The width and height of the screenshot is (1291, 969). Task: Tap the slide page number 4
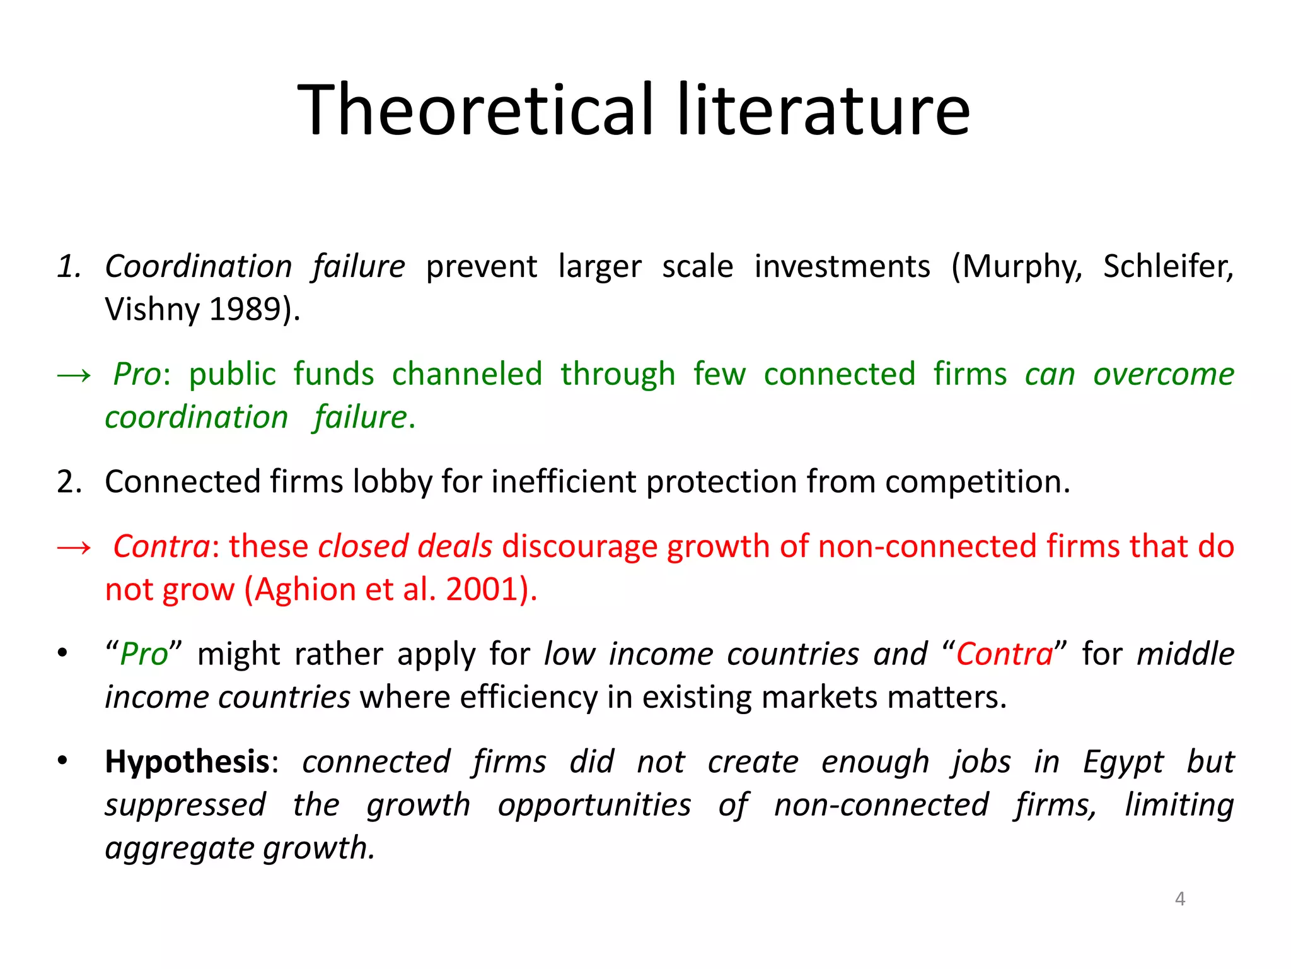(x=1180, y=898)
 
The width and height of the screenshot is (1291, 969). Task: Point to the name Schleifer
(x=1167, y=267)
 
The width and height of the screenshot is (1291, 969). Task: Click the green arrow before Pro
(x=74, y=375)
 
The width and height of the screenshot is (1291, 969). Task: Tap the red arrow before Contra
(x=74, y=547)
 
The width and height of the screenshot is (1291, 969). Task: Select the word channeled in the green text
(x=467, y=374)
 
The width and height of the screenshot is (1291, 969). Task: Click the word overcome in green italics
(x=1164, y=374)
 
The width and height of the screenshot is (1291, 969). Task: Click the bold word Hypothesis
(x=187, y=762)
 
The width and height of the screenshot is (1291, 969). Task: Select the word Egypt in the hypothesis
(x=1123, y=762)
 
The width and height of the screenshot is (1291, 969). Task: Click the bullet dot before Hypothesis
(x=62, y=761)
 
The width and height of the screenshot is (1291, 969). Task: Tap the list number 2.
(x=69, y=483)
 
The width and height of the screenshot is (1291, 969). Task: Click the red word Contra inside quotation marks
(x=1004, y=654)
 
